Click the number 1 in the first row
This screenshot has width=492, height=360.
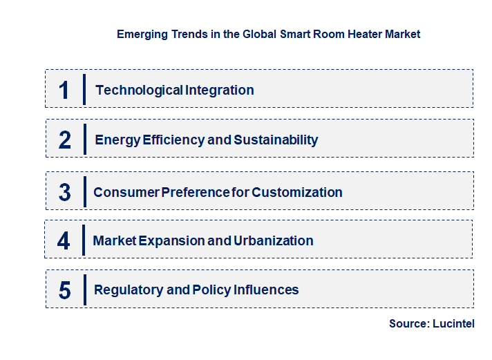[64, 90]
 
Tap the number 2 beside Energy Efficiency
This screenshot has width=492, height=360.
[65, 140]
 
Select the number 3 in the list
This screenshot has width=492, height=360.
[65, 192]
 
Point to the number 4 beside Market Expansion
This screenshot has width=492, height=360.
[64, 240]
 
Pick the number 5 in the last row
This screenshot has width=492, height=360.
[65, 290]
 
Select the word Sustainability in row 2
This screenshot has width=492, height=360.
[276, 140]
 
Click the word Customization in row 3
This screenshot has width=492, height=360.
[297, 192]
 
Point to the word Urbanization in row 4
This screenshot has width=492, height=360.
[274, 240]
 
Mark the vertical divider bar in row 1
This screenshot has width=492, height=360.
[84, 89]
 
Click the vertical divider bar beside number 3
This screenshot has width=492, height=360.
[84, 191]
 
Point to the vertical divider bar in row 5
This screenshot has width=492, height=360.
[84, 290]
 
